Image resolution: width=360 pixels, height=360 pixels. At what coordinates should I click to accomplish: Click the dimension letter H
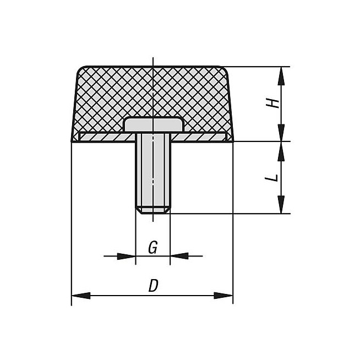click(272, 104)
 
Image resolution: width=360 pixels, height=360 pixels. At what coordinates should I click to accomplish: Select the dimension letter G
click(153, 247)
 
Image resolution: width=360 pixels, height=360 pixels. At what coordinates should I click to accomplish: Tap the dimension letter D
click(154, 285)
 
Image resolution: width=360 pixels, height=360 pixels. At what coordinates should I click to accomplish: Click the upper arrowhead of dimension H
click(281, 76)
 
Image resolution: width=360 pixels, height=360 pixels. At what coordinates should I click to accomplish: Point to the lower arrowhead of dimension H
click(281, 133)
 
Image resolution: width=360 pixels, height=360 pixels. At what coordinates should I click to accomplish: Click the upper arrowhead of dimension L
click(281, 151)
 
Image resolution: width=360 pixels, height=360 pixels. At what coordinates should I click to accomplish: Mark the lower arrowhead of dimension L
click(281, 205)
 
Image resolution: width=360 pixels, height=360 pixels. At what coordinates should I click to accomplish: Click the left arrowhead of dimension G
click(126, 256)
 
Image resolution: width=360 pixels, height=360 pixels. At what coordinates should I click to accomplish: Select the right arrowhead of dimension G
click(179, 256)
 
